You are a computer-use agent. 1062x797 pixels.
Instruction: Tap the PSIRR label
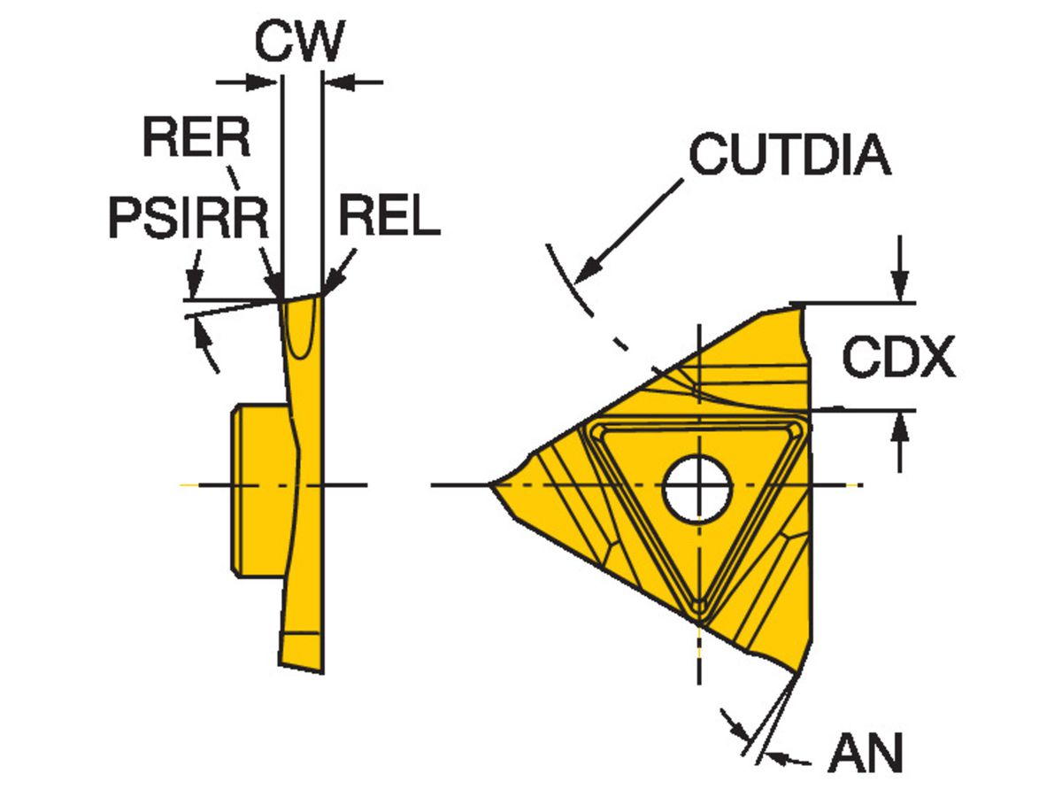click(x=188, y=216)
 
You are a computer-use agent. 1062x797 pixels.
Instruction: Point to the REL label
click(x=389, y=216)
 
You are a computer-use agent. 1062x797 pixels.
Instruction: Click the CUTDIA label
click(x=789, y=156)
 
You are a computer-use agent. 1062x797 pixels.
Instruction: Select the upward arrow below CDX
click(x=900, y=427)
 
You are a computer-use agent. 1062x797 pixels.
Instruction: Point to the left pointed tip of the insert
click(x=492, y=484)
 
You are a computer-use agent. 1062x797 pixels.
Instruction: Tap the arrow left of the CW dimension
click(x=266, y=82)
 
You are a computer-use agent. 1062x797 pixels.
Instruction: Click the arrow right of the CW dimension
click(x=336, y=82)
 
